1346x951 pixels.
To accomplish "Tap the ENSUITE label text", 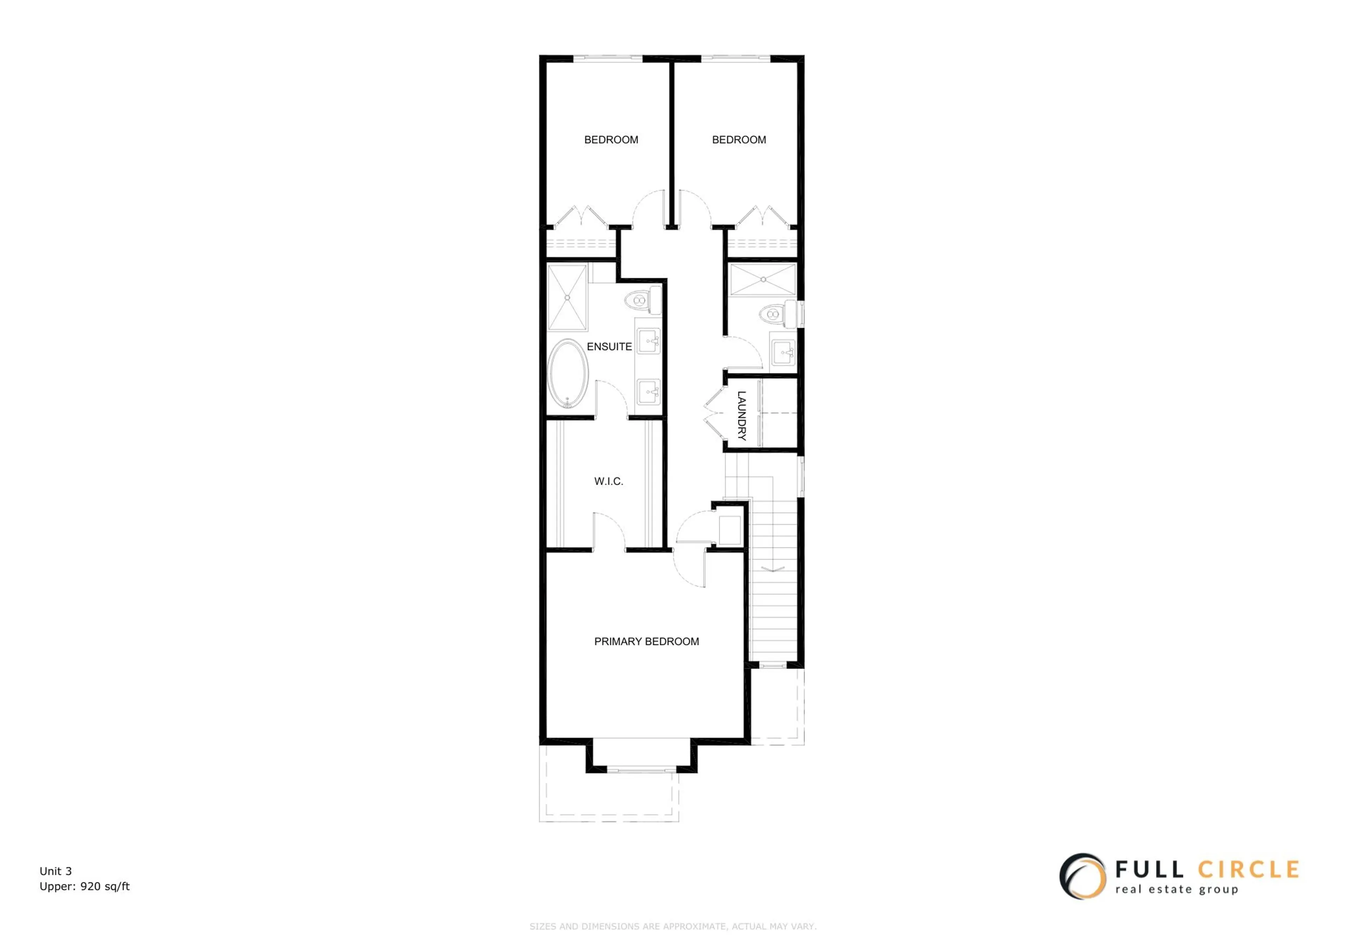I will coord(609,347).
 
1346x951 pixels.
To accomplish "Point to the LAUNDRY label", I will coord(742,415).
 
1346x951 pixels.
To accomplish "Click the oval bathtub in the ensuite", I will coord(567,373).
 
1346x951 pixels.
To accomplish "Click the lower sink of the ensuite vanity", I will coord(648,391).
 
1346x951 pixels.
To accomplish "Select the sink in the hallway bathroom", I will coord(783,353).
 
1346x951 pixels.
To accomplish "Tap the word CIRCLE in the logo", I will coord(1248,869).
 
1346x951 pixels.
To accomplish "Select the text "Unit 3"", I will coord(56,871).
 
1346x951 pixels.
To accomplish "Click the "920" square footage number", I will coord(90,887).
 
